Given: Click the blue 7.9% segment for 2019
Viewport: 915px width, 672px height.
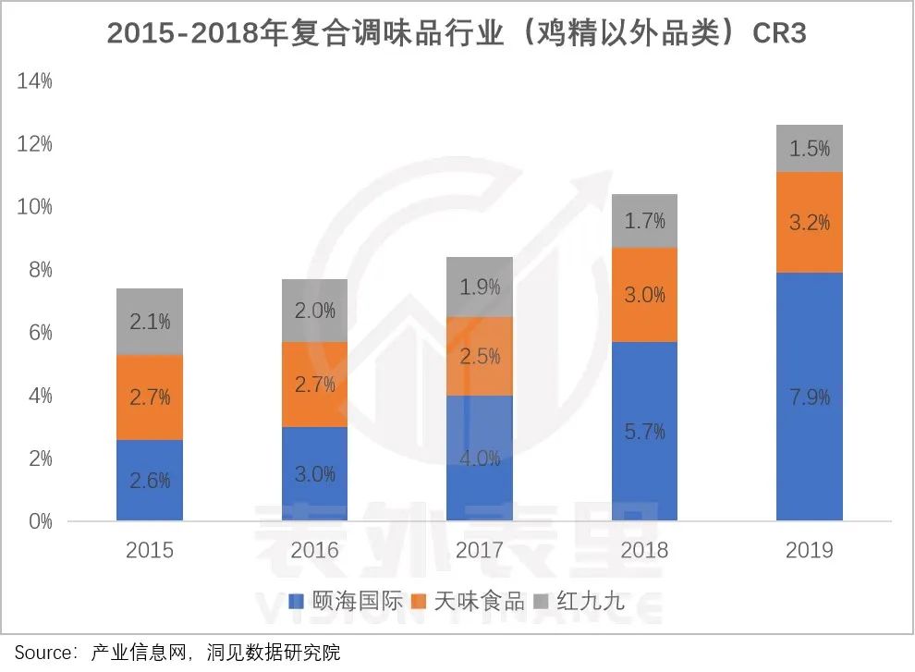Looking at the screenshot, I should click(x=810, y=397).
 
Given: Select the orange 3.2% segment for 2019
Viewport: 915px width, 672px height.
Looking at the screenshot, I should click(x=810, y=223).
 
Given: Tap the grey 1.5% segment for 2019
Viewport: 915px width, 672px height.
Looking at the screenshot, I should click(x=810, y=149).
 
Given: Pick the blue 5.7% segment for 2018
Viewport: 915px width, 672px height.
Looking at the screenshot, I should click(x=644, y=431).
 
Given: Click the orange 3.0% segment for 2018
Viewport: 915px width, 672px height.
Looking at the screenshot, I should click(x=644, y=295).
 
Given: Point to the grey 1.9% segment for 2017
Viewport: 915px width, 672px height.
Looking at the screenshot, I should click(x=480, y=287).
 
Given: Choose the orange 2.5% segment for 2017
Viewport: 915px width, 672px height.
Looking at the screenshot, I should click(x=480, y=356).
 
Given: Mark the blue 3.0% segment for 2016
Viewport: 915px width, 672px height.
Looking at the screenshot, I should click(x=314, y=473).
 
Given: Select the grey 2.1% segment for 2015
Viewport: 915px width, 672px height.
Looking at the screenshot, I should click(x=150, y=322).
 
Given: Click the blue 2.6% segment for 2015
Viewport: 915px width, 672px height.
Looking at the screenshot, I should click(x=150, y=480).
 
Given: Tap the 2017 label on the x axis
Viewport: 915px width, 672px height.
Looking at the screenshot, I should click(x=480, y=551).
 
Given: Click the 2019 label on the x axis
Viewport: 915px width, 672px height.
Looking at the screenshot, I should click(x=810, y=551).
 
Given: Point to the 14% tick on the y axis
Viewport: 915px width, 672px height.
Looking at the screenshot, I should click(x=34, y=81).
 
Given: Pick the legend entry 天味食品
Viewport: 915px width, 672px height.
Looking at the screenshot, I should click(x=478, y=602).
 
